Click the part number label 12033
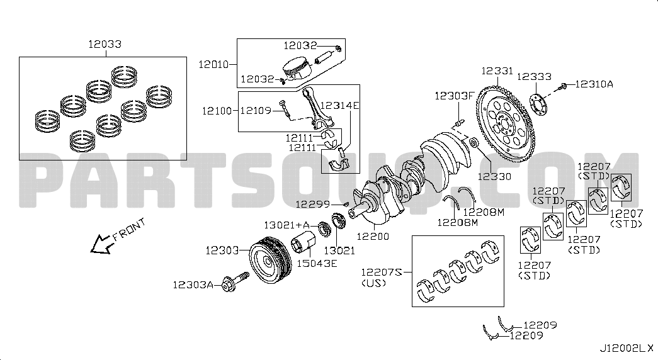[105, 44]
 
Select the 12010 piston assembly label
[213, 64]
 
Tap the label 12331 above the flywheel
[497, 71]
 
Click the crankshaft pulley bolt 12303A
[235, 281]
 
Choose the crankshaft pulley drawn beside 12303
[269, 260]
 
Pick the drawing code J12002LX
[626, 348]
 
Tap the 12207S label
[382, 273]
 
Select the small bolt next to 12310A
[562, 87]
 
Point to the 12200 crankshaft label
[373, 236]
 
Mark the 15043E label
[317, 264]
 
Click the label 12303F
[454, 96]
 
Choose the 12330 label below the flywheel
[494, 176]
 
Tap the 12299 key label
[313, 205]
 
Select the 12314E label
[340, 105]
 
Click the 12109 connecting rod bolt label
[256, 111]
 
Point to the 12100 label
[217, 111]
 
